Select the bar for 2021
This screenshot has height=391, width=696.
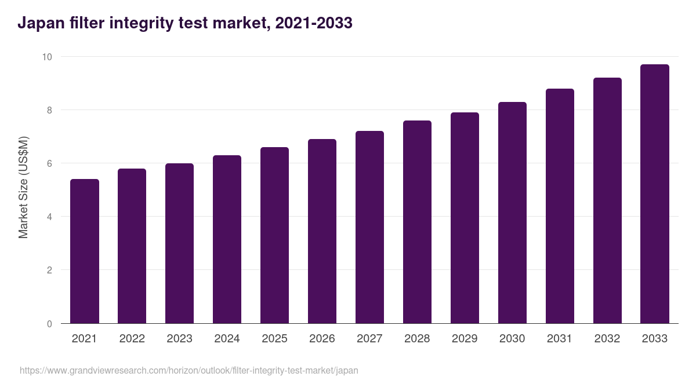tap(85, 251)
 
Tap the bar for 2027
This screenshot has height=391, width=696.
tap(369, 227)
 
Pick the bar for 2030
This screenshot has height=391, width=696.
tap(512, 213)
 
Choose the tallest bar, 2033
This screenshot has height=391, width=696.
tap(655, 194)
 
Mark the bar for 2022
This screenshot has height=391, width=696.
tap(132, 246)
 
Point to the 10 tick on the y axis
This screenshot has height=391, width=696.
tap(46, 57)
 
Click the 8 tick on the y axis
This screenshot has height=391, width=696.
tap(49, 110)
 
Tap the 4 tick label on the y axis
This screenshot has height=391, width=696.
tap(49, 217)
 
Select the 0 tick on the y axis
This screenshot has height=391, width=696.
tap(49, 324)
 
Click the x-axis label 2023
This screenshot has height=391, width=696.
tap(179, 339)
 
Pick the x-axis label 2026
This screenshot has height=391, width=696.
tap(322, 339)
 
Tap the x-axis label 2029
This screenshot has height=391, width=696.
tap(465, 339)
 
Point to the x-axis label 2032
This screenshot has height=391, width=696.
tap(607, 339)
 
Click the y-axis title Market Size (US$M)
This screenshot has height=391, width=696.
tap(23, 187)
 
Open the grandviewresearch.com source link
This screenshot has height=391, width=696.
tap(189, 370)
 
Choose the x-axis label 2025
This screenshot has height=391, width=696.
tap(274, 339)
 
